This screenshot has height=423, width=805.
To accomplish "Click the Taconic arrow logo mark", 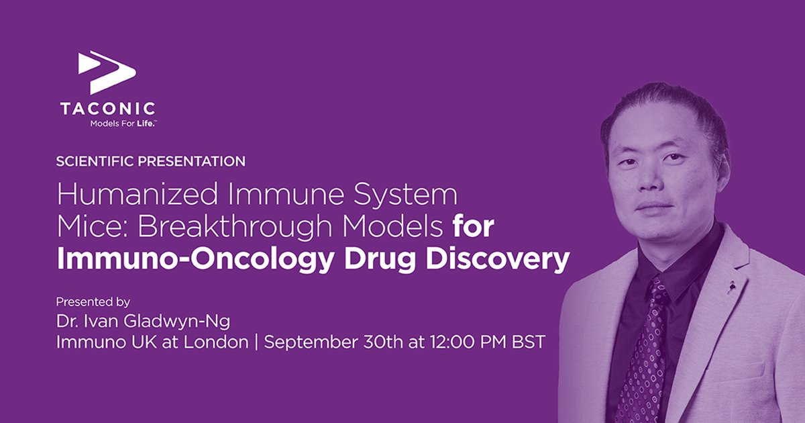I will click(107, 71).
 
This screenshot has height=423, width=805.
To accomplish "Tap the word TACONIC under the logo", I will click(107, 109).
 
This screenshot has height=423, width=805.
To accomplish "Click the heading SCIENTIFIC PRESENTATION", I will click(151, 161).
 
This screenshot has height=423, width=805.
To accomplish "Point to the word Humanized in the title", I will click(134, 195).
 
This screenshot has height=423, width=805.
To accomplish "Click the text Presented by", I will click(93, 302).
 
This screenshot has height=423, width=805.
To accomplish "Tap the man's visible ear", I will click(721, 171).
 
